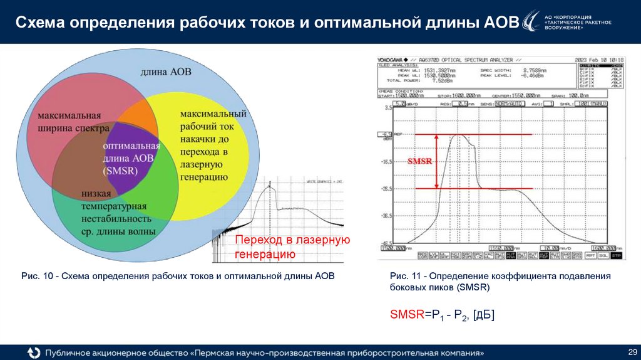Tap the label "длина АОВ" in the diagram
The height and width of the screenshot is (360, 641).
(166, 72)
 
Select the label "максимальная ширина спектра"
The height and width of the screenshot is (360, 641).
(69, 123)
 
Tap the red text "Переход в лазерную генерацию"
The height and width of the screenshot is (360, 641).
(292, 247)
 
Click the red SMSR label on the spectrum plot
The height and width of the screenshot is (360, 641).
(419, 161)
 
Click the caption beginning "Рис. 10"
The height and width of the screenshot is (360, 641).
(178, 276)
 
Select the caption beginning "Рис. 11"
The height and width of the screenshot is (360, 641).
(499, 282)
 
